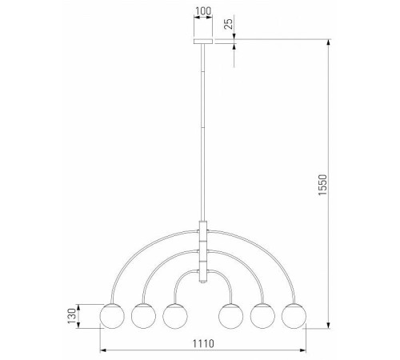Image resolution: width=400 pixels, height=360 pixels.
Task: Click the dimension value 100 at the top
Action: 204,14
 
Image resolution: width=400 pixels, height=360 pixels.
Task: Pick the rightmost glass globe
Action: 294,316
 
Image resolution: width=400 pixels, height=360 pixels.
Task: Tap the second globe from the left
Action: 143,316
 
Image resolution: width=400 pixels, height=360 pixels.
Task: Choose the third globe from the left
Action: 174,316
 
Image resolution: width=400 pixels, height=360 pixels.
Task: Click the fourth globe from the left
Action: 233,316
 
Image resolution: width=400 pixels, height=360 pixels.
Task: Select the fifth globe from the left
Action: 263,316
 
